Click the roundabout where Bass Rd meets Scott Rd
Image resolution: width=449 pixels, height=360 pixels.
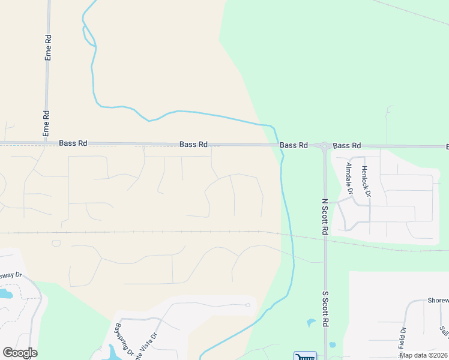tap(324, 145)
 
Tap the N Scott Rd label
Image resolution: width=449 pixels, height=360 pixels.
tap(325, 217)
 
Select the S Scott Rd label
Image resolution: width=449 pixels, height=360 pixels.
tap(325, 309)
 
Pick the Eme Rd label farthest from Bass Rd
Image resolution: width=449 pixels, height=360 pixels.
tap(49, 46)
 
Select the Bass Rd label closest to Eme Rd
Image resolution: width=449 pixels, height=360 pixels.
tap(73, 143)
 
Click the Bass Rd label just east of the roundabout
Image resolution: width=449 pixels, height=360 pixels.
tap(347, 146)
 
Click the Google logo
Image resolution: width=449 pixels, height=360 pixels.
tap(20, 353)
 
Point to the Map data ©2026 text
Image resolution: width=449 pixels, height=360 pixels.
tap(423, 355)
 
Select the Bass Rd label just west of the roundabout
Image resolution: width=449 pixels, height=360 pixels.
tap(294, 145)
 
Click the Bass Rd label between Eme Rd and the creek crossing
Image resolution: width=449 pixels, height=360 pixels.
tap(193, 145)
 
